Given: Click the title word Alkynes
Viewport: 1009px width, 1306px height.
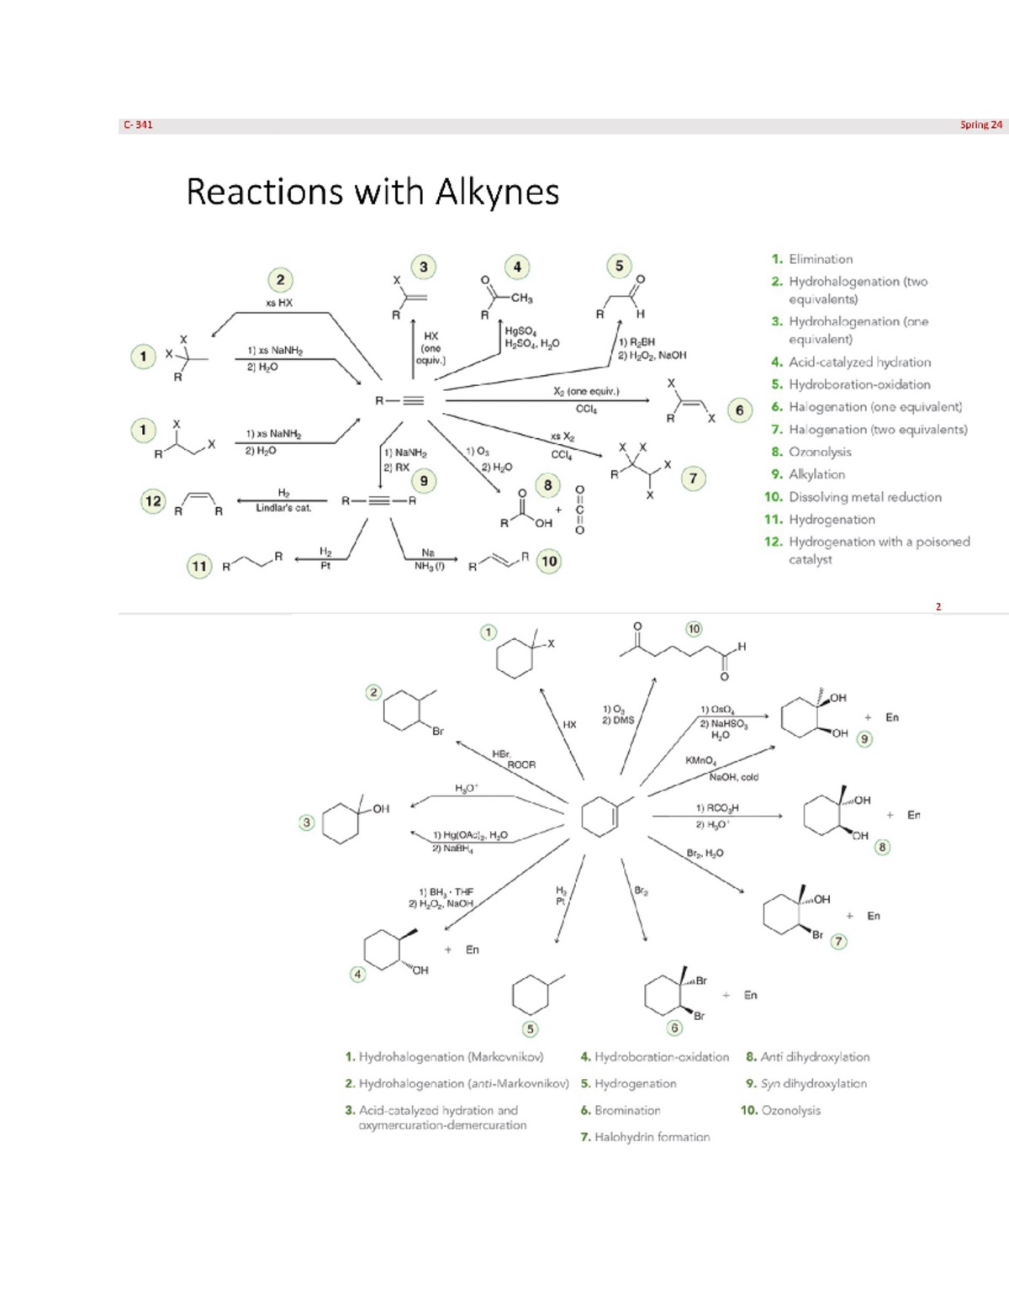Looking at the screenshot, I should point(497,193).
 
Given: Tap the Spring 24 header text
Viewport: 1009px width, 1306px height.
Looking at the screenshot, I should point(981,125).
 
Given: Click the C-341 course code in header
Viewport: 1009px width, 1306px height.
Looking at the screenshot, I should point(139,125).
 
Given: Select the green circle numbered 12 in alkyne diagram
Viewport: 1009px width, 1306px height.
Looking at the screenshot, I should point(153,501).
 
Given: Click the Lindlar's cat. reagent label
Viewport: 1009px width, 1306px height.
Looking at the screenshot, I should point(283,508).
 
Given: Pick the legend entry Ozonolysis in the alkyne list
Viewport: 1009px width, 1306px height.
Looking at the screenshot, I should point(820,452).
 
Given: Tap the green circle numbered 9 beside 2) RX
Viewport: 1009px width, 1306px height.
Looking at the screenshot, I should point(424,481).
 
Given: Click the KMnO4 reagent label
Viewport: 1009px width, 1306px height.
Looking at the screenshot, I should point(700,760).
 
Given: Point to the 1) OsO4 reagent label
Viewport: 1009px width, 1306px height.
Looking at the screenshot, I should point(717,710).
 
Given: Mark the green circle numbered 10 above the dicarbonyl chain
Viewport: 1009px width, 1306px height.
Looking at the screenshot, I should point(694,628).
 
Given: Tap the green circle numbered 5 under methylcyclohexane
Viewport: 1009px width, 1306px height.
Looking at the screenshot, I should point(530,1028).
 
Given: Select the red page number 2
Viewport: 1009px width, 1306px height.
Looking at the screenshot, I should point(938,606).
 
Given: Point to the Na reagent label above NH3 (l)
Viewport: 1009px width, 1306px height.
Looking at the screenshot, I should point(428,553).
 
